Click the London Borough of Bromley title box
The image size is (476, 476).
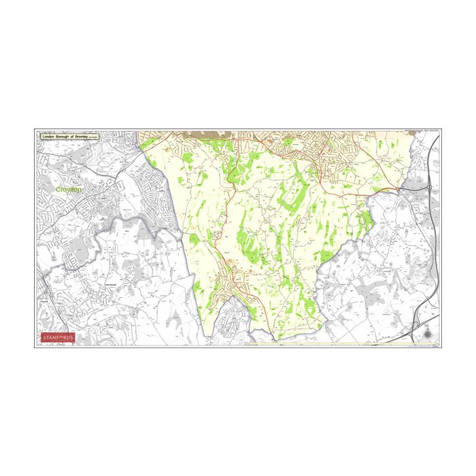[x=70, y=137]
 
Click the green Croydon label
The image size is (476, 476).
[x=68, y=190]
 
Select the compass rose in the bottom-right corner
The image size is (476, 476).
[x=427, y=335]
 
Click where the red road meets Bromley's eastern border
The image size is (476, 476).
[x=397, y=188]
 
